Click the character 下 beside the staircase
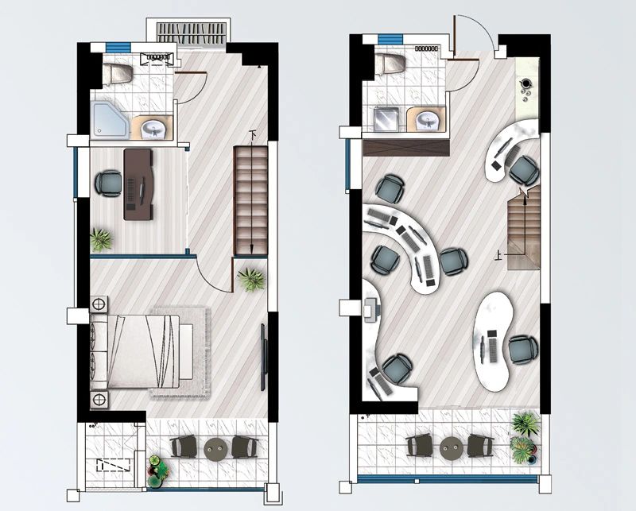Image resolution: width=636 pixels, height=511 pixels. (254, 134)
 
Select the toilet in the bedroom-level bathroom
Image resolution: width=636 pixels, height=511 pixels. (118, 74)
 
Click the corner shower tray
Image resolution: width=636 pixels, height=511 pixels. (110, 119)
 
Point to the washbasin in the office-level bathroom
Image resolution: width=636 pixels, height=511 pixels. (427, 120)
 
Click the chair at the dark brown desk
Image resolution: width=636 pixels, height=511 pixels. (108, 184)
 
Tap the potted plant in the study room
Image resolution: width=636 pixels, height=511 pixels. (100, 240)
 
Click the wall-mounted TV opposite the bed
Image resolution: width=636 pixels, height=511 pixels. (264, 357)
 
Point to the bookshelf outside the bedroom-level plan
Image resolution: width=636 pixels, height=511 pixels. (192, 33)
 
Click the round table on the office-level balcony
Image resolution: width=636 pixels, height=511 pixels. (452, 447)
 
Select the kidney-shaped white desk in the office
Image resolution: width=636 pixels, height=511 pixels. (491, 342)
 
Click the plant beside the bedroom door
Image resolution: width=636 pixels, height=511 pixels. (251, 280)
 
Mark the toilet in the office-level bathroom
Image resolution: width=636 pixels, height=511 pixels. (391, 64)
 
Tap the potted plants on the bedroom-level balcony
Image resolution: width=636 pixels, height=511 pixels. (158, 470)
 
